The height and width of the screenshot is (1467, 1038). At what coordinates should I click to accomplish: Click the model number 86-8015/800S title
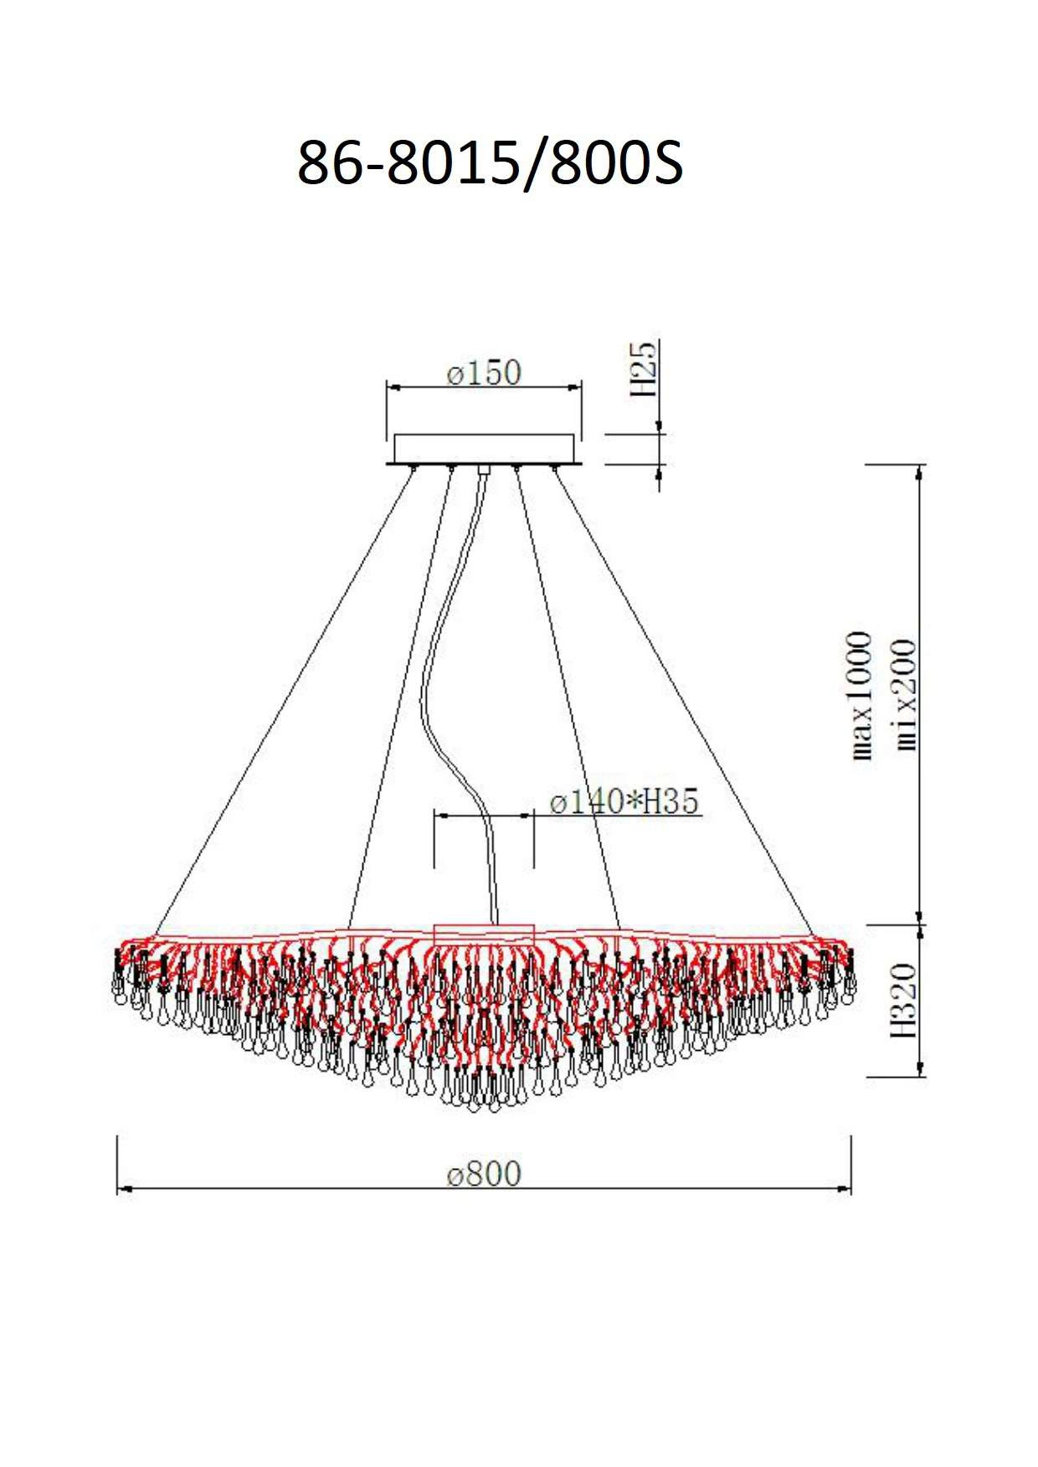click(x=491, y=162)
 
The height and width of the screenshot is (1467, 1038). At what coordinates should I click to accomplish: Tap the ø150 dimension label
click(x=484, y=373)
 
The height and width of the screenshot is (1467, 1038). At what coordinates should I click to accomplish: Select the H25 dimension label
click(x=645, y=368)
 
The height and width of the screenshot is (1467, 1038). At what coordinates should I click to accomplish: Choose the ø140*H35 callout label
click(x=624, y=801)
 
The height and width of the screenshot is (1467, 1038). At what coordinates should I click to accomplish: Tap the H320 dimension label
click(x=904, y=1001)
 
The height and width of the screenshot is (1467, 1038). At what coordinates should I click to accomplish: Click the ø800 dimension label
click(x=484, y=1173)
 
